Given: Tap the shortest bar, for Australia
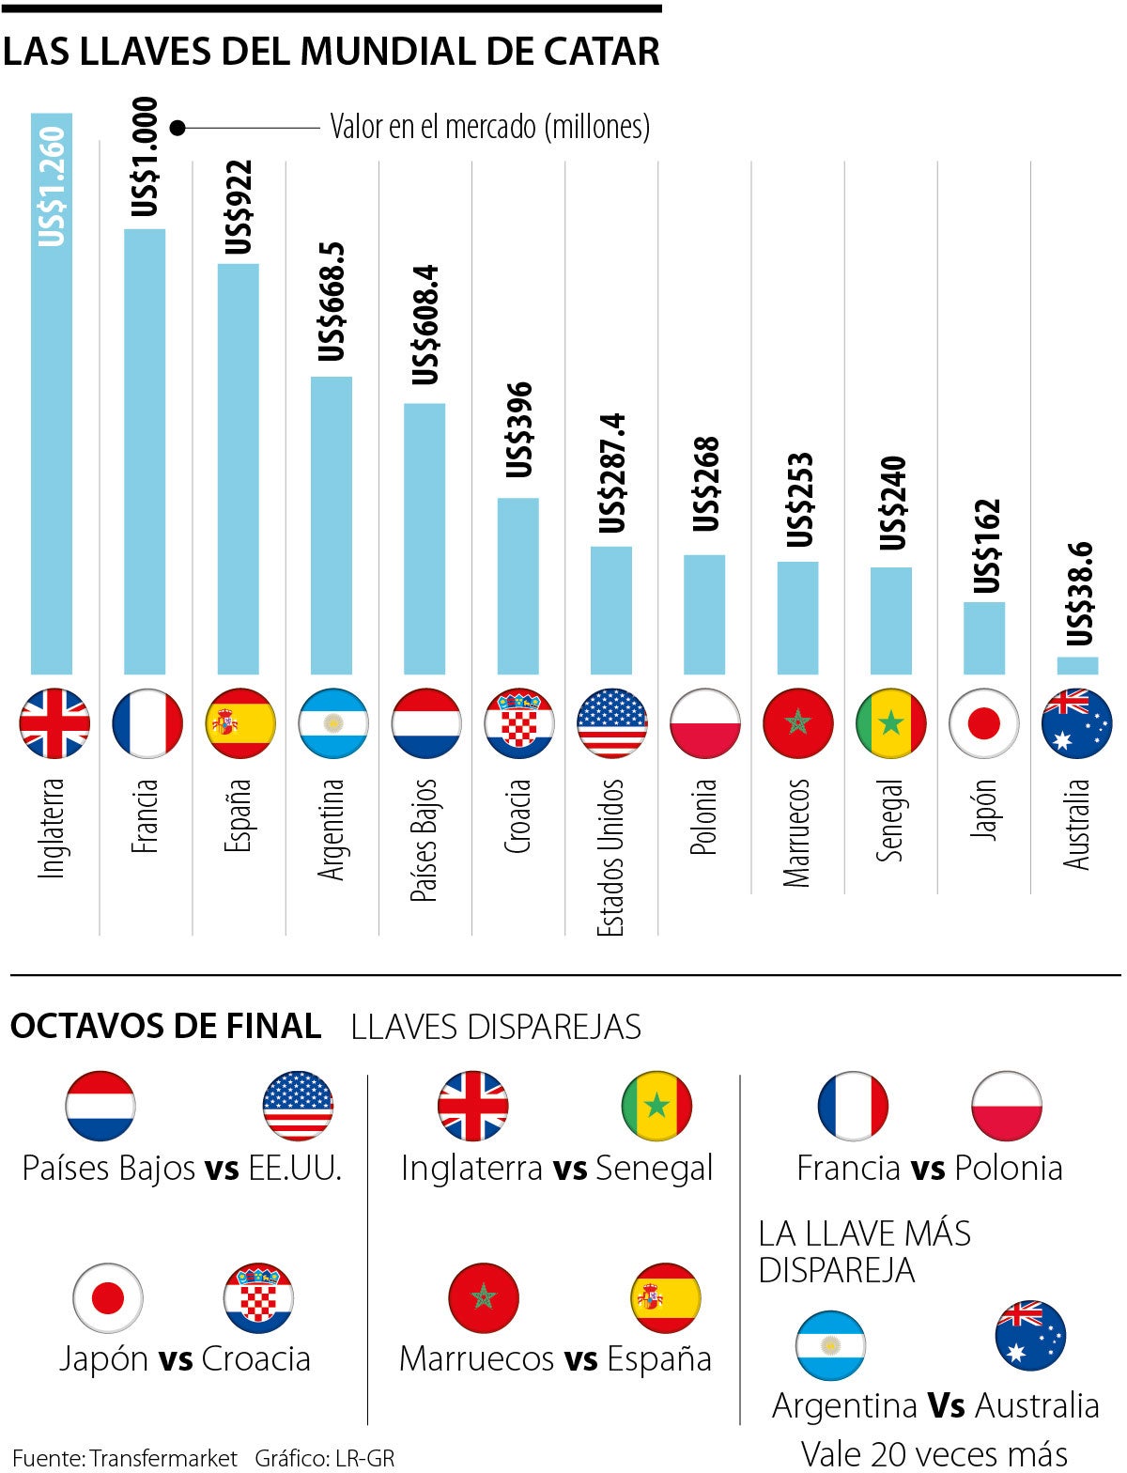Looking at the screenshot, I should pos(1077,665).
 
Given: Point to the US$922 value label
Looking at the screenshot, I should pos(239,208).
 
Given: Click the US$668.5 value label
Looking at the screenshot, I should pos(332,302).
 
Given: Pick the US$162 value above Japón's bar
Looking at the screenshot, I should pos(985,546).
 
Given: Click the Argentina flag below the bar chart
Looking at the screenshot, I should pos(333,723).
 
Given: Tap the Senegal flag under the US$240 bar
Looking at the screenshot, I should pos(890,723).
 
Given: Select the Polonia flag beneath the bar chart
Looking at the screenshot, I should pos(704,723).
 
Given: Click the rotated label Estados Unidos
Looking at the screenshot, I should pos(610,857).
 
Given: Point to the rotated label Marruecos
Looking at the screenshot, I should pos(796,832).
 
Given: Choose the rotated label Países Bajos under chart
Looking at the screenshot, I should pos(425,840).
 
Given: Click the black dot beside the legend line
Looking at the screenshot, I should pos(177,127).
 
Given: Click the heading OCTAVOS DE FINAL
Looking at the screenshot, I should pos(165,1026).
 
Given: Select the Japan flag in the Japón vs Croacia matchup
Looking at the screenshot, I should pos(108,1298).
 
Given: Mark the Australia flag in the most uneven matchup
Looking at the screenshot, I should pos(1030,1336).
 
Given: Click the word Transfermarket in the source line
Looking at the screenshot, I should pos(163,1458).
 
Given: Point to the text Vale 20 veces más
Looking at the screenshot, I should pos(934,1454).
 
